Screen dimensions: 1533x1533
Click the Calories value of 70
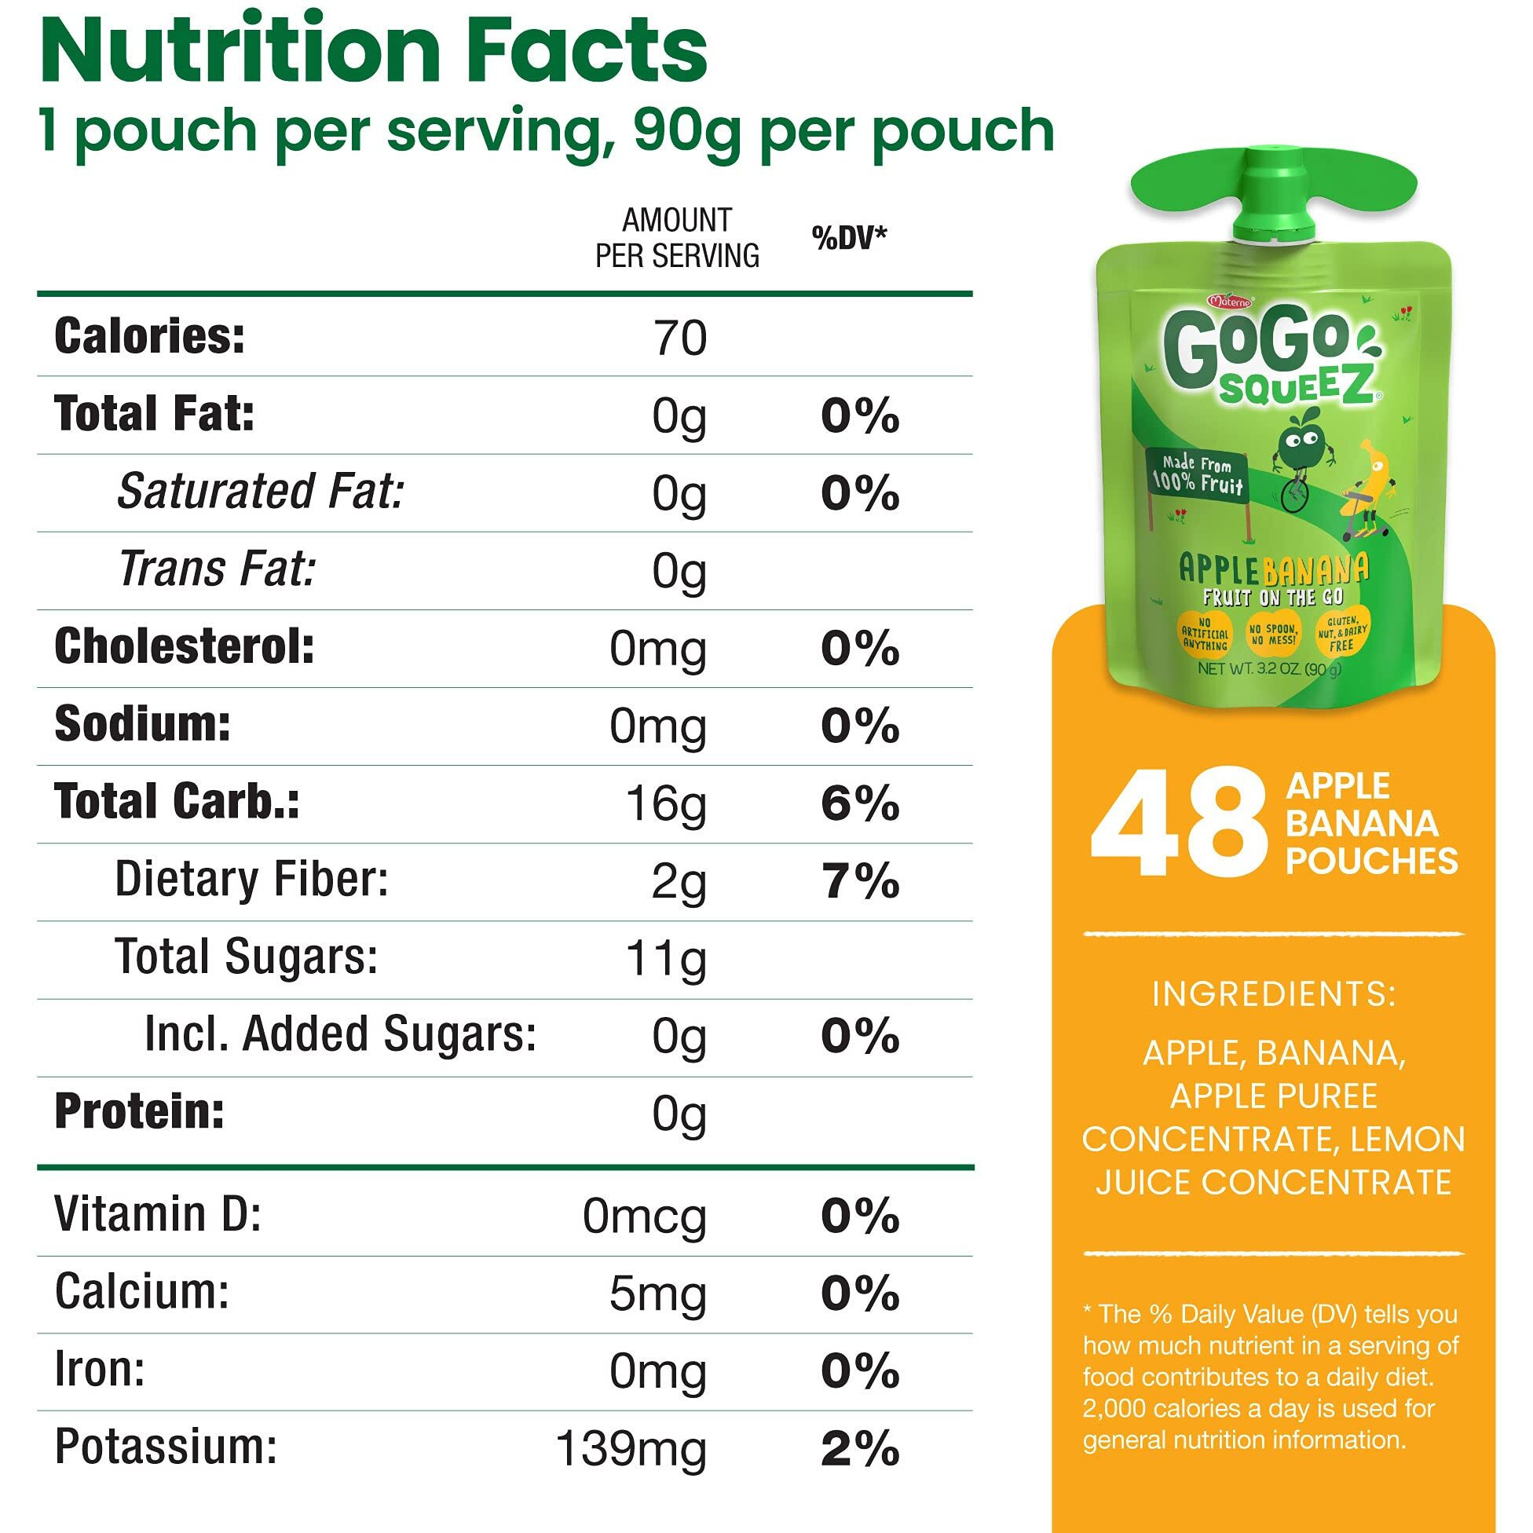click(x=679, y=338)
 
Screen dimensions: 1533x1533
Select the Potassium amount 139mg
click(x=631, y=1448)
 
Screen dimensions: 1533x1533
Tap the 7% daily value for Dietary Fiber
click(x=860, y=882)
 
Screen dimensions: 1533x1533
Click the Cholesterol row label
click(x=184, y=646)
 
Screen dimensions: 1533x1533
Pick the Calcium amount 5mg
click(x=657, y=1293)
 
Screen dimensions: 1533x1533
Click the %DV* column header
click(x=849, y=237)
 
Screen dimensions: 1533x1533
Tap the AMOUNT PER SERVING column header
click(x=677, y=238)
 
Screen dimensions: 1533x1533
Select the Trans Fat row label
click(x=217, y=569)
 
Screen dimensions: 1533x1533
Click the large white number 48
click(x=1179, y=824)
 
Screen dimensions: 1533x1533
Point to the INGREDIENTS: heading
click(x=1274, y=994)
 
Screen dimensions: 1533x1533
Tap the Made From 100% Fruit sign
click(x=1197, y=474)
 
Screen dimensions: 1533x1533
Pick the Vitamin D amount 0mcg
click(x=643, y=1217)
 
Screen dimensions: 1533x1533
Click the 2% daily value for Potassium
click(x=860, y=1448)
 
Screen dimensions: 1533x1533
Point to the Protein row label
click(x=139, y=1112)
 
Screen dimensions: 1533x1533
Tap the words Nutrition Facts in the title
click(x=373, y=49)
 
